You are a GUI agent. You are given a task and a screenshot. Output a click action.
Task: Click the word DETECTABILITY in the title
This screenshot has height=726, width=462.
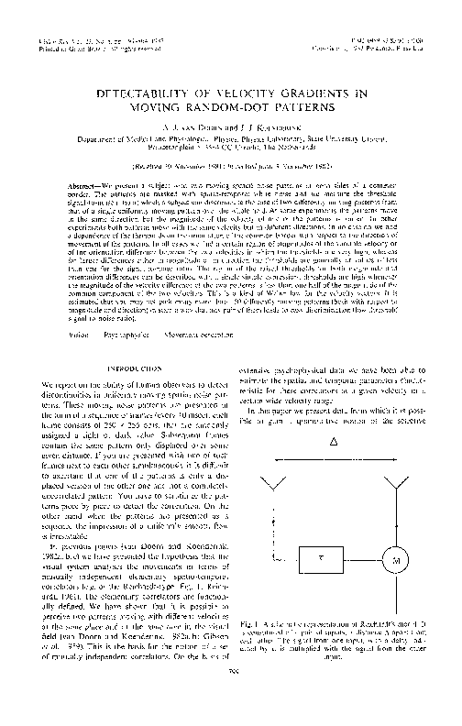click(x=146, y=94)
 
